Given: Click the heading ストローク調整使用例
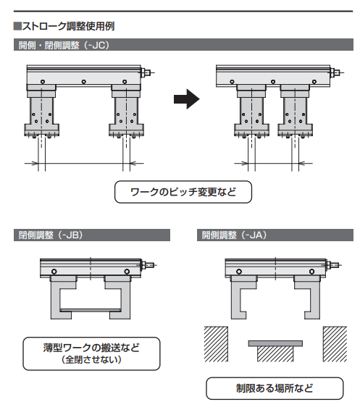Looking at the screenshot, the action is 68,26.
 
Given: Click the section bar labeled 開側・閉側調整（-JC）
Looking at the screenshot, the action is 183,45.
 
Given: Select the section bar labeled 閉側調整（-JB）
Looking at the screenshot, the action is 92,235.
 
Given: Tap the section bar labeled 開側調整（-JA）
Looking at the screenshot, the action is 275,235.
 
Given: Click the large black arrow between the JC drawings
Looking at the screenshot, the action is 187,99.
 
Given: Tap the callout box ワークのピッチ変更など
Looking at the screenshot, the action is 183,192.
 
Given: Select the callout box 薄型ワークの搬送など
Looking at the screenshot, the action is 91,353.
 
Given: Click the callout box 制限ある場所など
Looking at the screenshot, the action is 275,388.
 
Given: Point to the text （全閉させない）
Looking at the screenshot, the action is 91,360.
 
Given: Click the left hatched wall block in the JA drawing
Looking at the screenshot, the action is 216,344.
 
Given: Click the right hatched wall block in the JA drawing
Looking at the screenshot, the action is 335,344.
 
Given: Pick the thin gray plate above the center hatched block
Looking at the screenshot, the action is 275,343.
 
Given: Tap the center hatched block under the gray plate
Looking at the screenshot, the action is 275,353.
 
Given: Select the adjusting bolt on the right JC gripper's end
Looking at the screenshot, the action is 337,72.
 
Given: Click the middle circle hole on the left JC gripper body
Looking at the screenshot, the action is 83,82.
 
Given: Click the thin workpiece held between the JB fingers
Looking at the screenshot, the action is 91,310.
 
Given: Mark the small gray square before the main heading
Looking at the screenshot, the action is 17,26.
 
